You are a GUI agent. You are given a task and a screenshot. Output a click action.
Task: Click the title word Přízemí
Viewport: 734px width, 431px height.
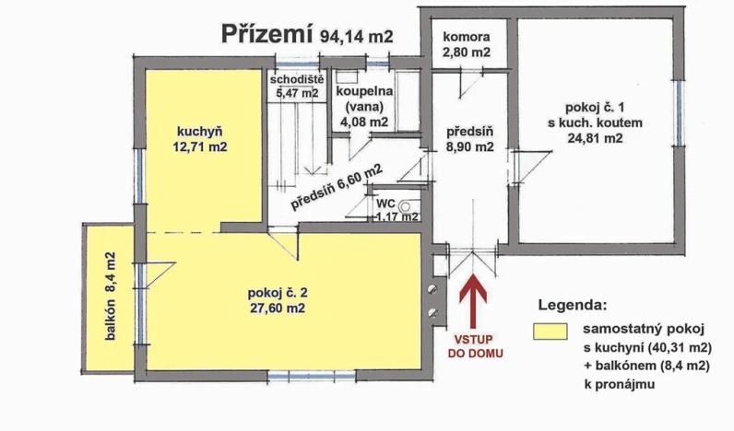click(267, 35)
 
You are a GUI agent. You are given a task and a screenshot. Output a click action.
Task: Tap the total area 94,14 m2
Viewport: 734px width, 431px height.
click(357, 37)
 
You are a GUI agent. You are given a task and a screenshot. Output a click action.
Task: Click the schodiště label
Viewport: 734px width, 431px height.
click(294, 78)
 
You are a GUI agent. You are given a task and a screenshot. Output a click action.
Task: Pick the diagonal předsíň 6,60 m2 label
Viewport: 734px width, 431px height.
click(337, 187)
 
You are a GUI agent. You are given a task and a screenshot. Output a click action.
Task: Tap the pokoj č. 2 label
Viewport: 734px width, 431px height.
click(278, 293)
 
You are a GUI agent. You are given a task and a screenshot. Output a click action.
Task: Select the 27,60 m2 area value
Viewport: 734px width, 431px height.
click(278, 309)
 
